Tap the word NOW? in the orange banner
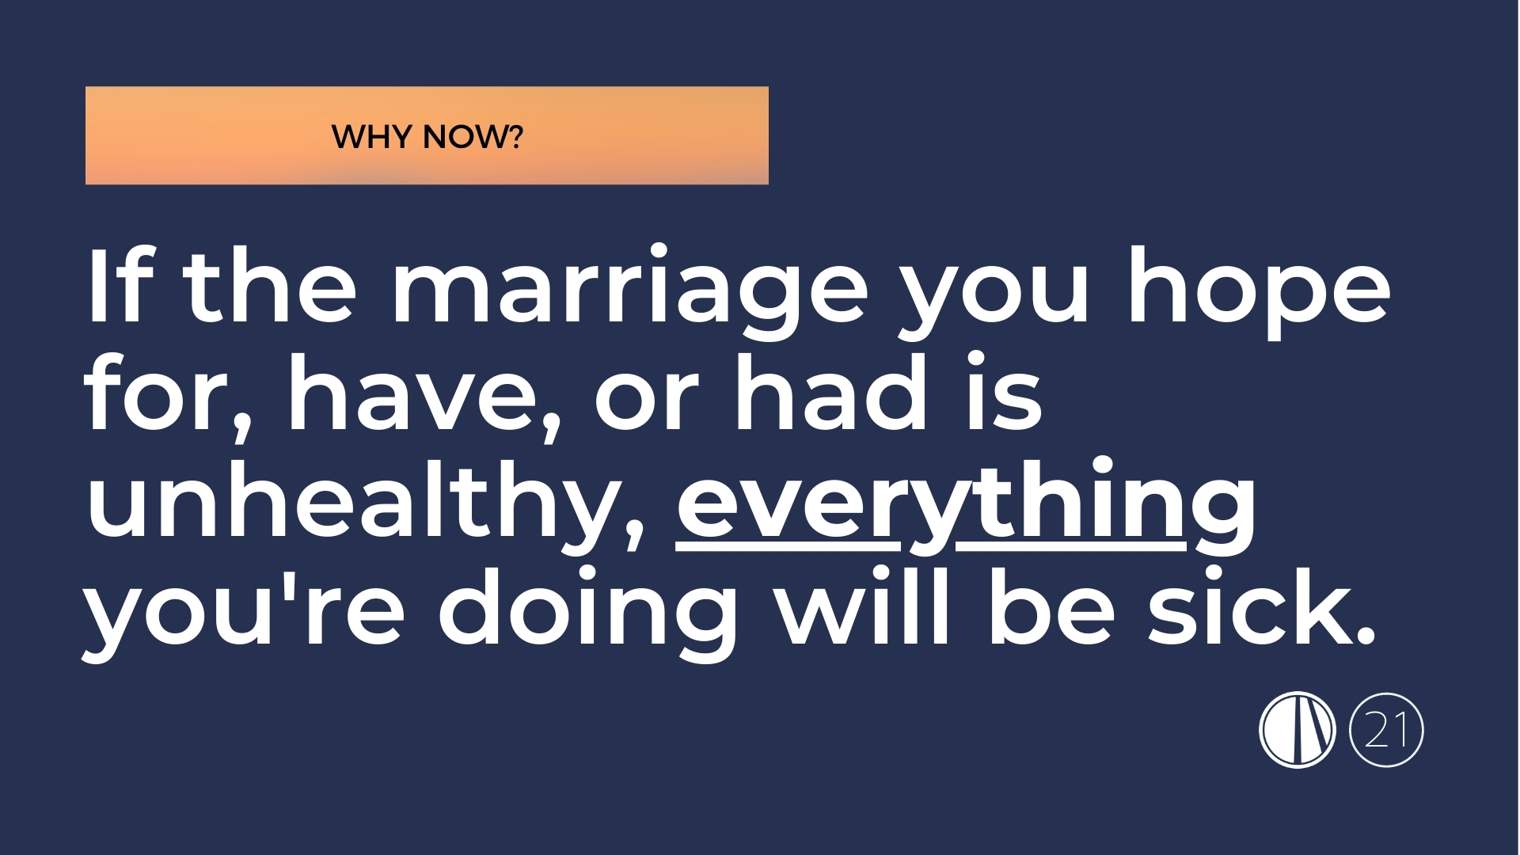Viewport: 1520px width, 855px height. pyautogui.click(x=473, y=137)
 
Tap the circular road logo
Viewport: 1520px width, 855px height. pyautogui.click(x=1297, y=730)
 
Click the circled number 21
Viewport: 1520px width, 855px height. pyautogui.click(x=1385, y=730)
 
